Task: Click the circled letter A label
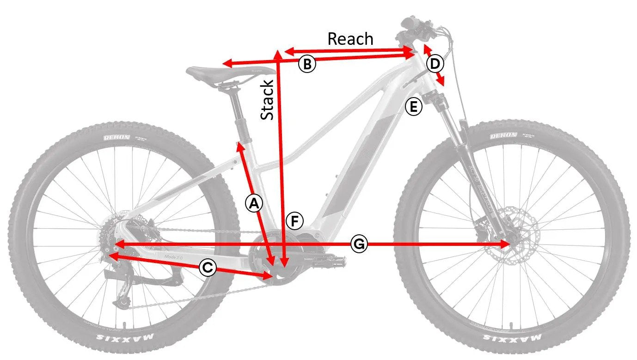click(254, 203)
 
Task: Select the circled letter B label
click(307, 64)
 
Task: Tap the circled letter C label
click(208, 268)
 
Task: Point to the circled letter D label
click(435, 64)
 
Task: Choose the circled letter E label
click(413, 107)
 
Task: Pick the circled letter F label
click(294, 221)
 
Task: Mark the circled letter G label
click(359, 244)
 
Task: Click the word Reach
click(350, 39)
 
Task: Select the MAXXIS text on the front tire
click(512, 337)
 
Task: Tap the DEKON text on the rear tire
click(116, 137)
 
